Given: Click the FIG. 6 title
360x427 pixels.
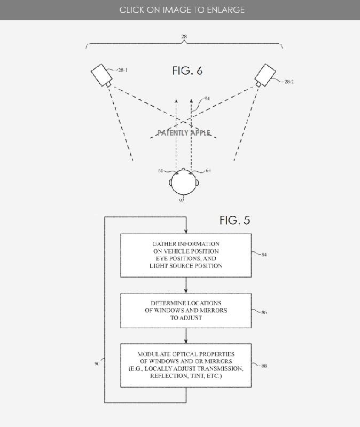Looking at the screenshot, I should click(187, 71).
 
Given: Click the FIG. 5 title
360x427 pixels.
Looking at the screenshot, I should click(234, 220).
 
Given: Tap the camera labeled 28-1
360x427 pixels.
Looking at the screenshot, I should click(101, 75).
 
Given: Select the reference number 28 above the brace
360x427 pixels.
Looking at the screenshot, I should click(184, 37).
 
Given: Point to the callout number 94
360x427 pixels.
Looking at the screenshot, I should click(207, 99).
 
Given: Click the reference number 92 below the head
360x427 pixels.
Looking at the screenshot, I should click(182, 201).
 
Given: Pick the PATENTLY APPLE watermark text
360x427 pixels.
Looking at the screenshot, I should click(184, 133).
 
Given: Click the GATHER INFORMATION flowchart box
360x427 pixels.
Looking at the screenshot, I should click(186, 255).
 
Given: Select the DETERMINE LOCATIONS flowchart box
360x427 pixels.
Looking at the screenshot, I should click(186, 310).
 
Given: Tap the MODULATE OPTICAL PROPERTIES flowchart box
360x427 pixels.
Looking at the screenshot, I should click(186, 365).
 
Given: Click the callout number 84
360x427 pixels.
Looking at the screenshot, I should click(264, 255).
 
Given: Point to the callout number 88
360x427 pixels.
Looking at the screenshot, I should click(264, 366).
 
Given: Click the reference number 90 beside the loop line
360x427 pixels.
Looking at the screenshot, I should click(97, 363).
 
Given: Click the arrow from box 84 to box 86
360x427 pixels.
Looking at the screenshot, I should click(186, 284).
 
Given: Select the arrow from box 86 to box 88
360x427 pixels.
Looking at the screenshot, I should click(186, 336).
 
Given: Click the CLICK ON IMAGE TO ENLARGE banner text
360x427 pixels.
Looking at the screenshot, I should click(182, 10).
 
